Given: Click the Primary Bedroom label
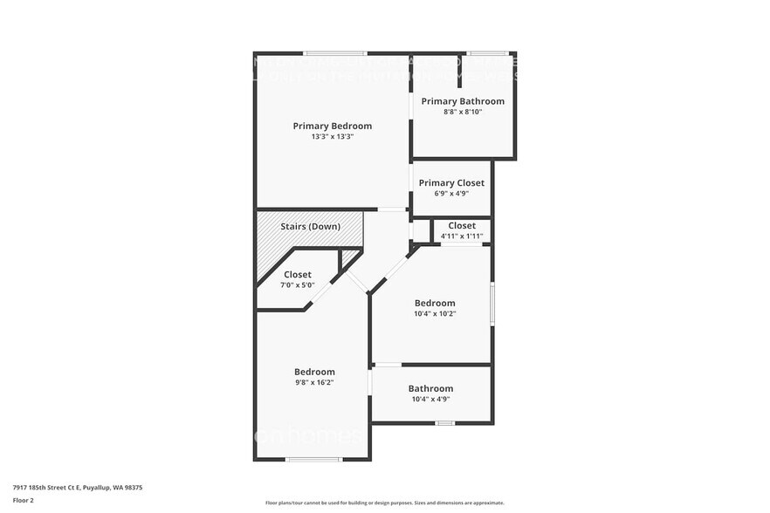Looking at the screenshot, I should coord(332,126).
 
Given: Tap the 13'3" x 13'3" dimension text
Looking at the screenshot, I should coord(332,137).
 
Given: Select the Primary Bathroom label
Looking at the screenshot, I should coord(463,101).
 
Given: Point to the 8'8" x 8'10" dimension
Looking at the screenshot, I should coord(463,112).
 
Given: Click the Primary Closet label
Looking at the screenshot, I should coord(451,182).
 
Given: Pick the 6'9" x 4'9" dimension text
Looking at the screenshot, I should coord(451,194).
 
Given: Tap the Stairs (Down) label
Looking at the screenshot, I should coord(310,227).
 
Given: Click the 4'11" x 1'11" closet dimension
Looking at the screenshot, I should coord(462,236).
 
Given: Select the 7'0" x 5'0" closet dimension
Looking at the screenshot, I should coord(297,285).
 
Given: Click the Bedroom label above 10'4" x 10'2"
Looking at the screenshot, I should coord(434,303).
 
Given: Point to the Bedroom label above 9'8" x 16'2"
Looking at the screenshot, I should coord(314,372).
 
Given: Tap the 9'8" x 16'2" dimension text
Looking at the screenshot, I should coord(314,382).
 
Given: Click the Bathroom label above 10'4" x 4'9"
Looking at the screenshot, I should coord(430,388).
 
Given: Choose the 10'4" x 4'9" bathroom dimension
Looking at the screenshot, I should coord(430,400).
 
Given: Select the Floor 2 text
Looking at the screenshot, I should coord(24,500).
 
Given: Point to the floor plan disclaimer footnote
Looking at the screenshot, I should coord(384,503).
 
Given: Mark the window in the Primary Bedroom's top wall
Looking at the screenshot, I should coord(335,53).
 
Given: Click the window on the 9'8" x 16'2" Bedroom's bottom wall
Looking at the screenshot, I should coord(313,459).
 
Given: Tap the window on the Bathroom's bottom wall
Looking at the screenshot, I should coord(445,423).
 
